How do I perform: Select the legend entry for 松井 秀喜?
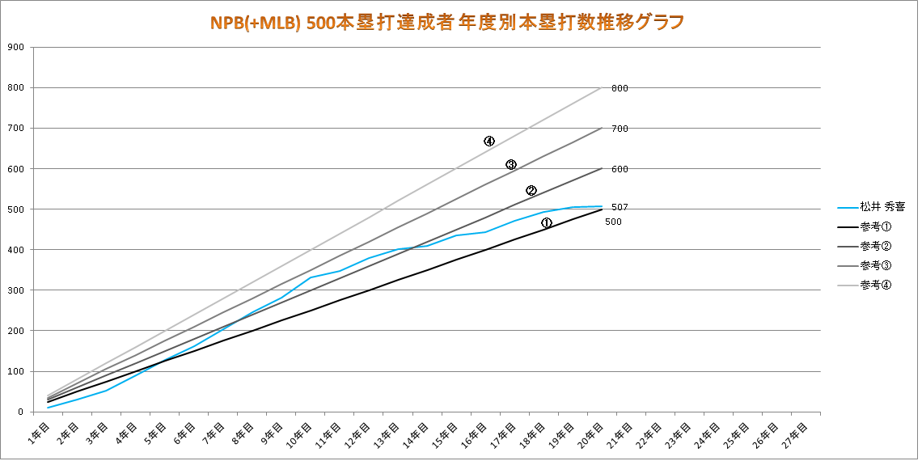pos(882,207)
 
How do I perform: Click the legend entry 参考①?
pos(876,226)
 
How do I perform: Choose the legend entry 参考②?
pos(876,246)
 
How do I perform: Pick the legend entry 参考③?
pos(876,265)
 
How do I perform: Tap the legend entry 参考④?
pos(876,285)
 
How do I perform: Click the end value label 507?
pos(620,207)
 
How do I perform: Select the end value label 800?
pos(620,88)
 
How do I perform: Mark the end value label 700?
pos(620,129)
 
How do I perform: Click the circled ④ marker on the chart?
pos(489,141)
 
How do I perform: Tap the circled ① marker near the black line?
pos(547,222)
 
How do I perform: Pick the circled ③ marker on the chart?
pos(511,165)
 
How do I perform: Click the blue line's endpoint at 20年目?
pos(601,206)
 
